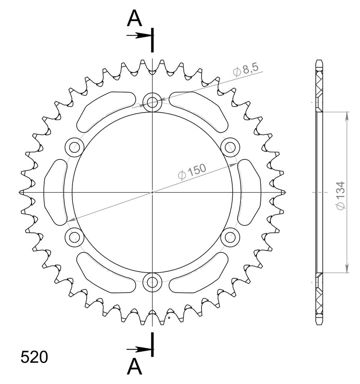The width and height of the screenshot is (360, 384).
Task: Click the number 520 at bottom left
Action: [34, 357]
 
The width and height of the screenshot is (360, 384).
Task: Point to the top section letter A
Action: [134, 19]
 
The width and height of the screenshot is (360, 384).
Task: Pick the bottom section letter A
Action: [134, 367]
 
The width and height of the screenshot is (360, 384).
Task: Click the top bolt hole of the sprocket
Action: [152, 102]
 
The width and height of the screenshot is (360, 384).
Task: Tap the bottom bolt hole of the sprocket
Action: [152, 282]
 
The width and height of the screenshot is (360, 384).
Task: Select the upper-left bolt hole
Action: [75, 147]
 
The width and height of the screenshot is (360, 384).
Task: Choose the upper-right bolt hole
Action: [230, 147]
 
